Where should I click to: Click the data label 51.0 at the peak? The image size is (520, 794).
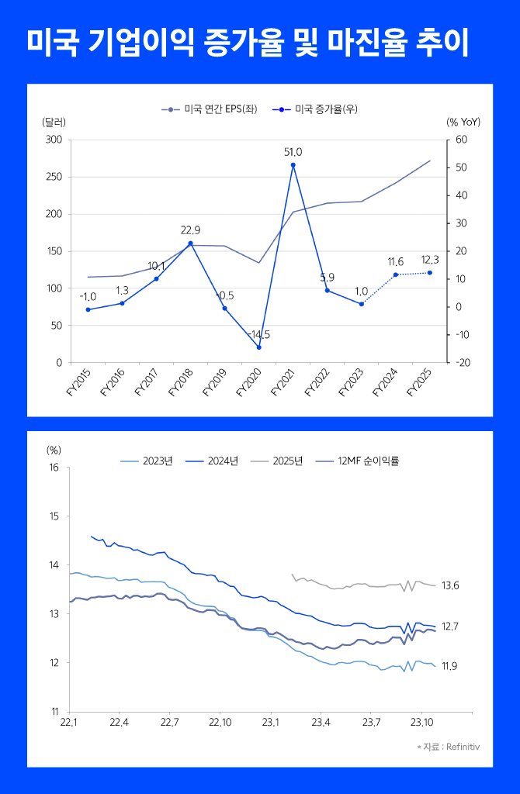pyautogui.click(x=293, y=152)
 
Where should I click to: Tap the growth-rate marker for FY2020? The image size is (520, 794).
pyautogui.click(x=258, y=347)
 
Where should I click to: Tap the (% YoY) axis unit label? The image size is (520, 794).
pyautogui.click(x=463, y=122)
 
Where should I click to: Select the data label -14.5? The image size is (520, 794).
pyautogui.click(x=258, y=334)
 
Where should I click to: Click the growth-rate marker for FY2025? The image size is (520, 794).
pyautogui.click(x=429, y=272)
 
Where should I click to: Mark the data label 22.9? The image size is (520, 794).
pyautogui.click(x=190, y=230)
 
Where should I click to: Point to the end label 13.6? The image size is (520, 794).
pyautogui.click(x=450, y=585)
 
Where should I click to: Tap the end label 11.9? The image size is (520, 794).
pyautogui.click(x=450, y=666)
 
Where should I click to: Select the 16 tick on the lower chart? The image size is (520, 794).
pyautogui.click(x=54, y=467)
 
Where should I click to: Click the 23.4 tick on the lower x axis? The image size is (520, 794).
pyautogui.click(x=321, y=723)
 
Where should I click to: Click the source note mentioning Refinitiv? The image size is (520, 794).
pyautogui.click(x=449, y=746)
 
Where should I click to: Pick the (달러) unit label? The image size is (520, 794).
pyautogui.click(x=54, y=122)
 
